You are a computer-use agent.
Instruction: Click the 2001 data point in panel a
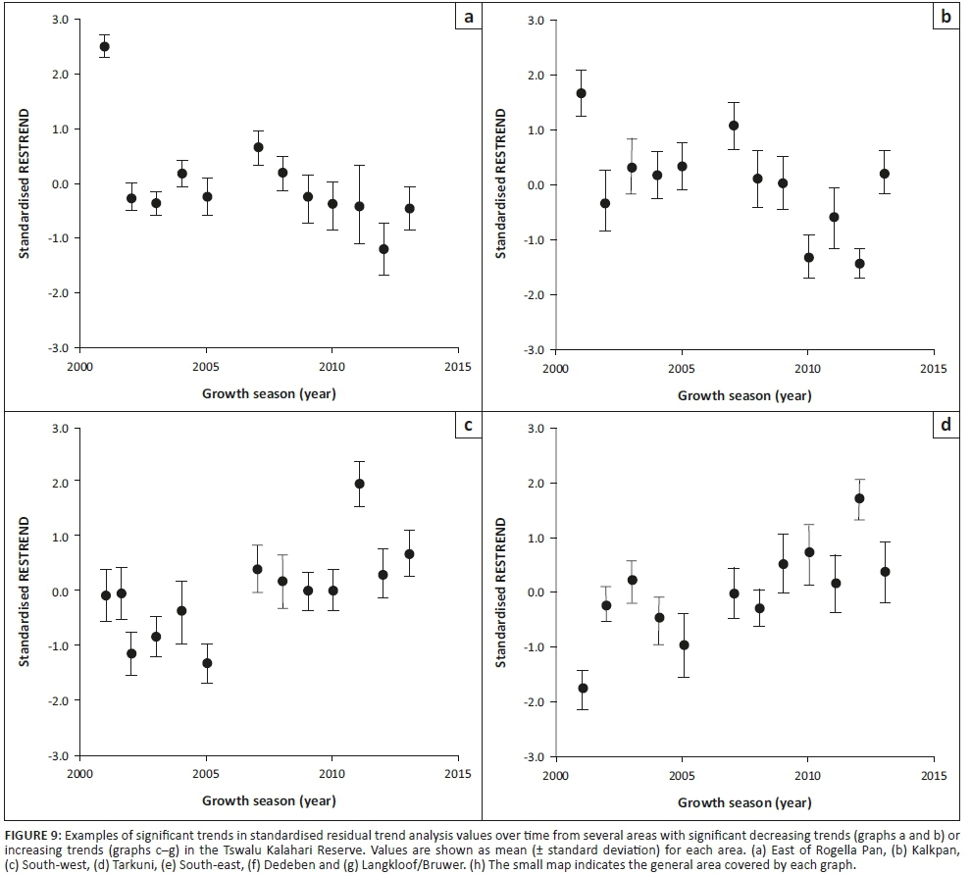[x=105, y=46]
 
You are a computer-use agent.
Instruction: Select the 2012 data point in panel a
[x=383, y=249]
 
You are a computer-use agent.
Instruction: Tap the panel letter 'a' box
[x=469, y=17]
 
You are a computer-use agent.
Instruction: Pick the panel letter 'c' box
[x=469, y=425]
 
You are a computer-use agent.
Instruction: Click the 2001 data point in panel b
[x=581, y=93]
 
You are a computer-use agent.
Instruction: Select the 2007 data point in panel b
[x=733, y=126]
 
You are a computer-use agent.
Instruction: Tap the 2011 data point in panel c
[x=359, y=484]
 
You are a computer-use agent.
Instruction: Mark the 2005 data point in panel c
[x=207, y=663]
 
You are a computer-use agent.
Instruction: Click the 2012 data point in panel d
[x=859, y=498]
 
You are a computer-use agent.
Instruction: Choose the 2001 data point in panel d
[x=583, y=689]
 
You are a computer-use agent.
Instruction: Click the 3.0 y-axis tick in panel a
[x=60, y=20]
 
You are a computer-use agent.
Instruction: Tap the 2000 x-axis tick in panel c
[x=80, y=774]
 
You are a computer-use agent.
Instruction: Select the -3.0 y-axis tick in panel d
[x=535, y=757]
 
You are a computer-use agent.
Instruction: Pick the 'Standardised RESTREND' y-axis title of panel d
[x=502, y=592]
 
